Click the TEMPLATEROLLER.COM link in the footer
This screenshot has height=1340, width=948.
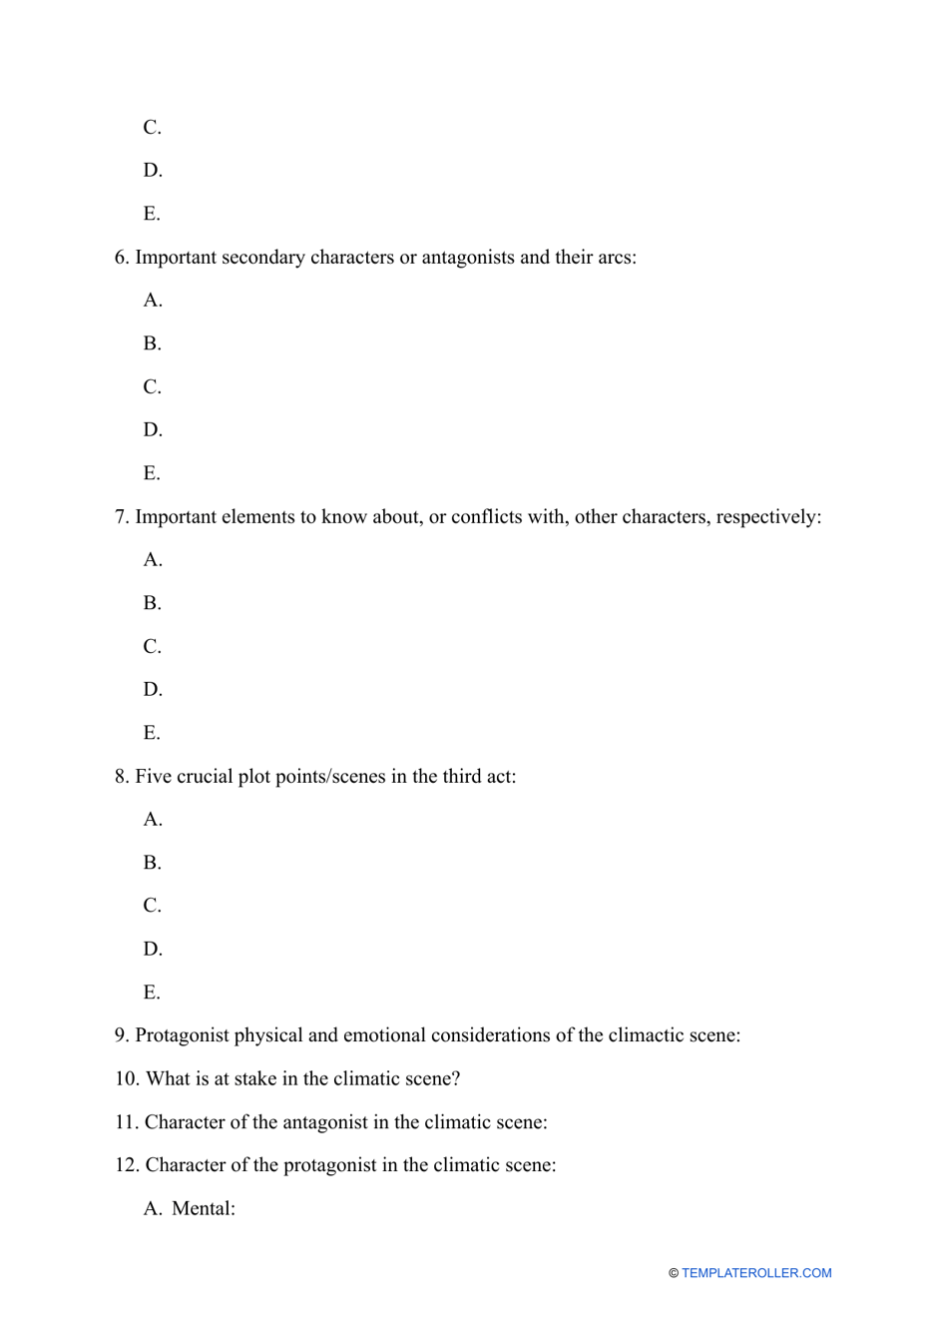pyautogui.click(x=756, y=1273)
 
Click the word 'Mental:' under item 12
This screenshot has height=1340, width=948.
pyautogui.click(x=204, y=1209)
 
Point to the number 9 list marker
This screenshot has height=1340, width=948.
pyautogui.click(x=122, y=1035)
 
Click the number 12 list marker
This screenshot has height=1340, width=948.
pyautogui.click(x=127, y=1165)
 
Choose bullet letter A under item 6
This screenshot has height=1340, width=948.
pyautogui.click(x=153, y=301)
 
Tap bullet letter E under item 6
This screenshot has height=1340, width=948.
pyautogui.click(x=152, y=473)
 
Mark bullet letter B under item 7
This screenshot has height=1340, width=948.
pyautogui.click(x=152, y=603)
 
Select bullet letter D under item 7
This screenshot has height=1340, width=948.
pyautogui.click(x=153, y=690)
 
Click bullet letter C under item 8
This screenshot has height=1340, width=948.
pyautogui.click(x=152, y=906)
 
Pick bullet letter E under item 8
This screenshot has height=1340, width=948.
pyautogui.click(x=152, y=993)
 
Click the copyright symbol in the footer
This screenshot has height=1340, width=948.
pyautogui.click(x=674, y=1273)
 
